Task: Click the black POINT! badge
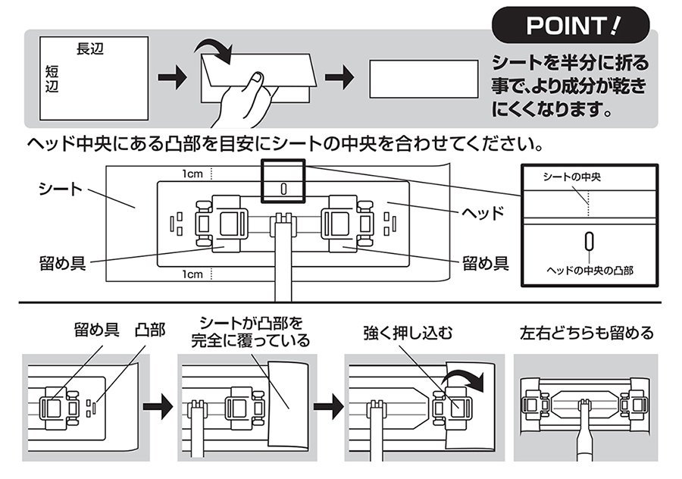571,26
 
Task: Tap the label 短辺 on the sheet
52,78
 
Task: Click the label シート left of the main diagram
61,189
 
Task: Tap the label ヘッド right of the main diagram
483,212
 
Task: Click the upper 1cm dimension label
192,174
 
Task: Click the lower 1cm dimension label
192,274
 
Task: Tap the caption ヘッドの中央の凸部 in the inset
590,269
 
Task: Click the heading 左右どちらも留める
586,333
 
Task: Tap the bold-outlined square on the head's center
283,182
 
